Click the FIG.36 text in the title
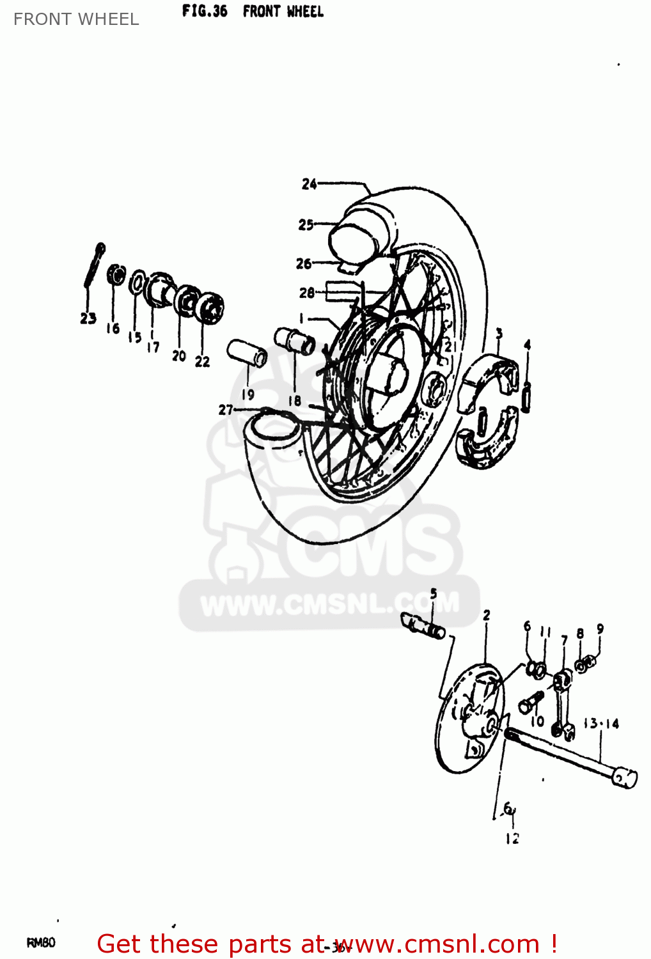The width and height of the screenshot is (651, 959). click(x=204, y=11)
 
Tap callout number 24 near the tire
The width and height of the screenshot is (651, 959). click(x=309, y=184)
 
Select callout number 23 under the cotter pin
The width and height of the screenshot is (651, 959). click(x=88, y=318)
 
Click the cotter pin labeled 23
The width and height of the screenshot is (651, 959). click(x=93, y=265)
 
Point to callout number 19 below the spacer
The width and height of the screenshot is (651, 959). click(x=247, y=394)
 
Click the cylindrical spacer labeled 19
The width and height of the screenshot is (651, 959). click(x=247, y=353)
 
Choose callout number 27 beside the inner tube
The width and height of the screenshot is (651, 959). click(x=226, y=410)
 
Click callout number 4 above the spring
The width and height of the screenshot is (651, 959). click(x=527, y=345)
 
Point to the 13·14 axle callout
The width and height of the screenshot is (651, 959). click(x=601, y=724)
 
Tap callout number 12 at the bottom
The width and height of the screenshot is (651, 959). click(x=512, y=838)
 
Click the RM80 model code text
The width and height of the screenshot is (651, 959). click(x=41, y=942)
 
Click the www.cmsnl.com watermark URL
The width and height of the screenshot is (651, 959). click(x=329, y=604)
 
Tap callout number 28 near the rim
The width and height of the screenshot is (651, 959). click(x=306, y=293)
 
